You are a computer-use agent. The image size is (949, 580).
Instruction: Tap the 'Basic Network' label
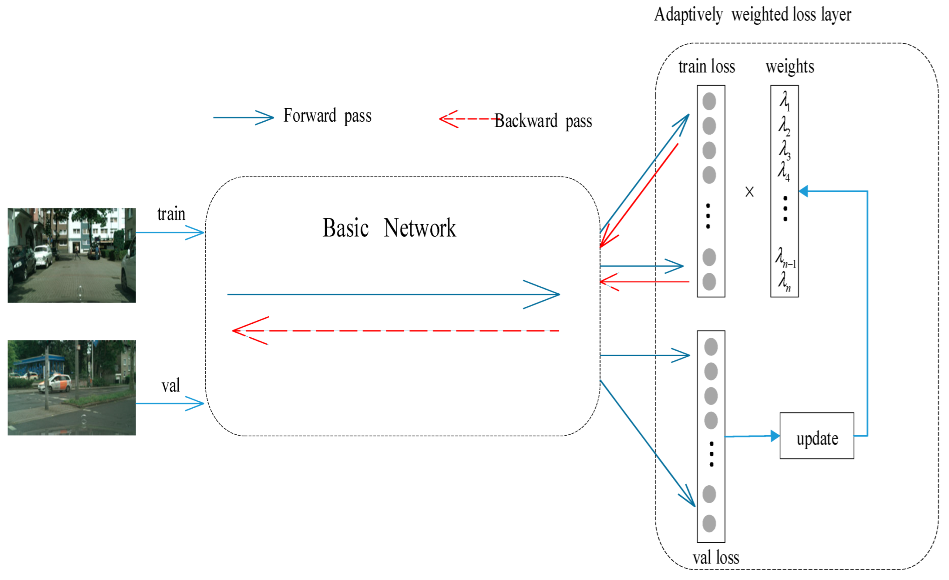[x=389, y=228]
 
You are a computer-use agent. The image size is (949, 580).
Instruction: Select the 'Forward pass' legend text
[x=328, y=116]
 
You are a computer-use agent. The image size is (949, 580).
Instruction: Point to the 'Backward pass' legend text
[x=543, y=121]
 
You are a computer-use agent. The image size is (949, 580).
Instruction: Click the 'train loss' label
[x=706, y=67]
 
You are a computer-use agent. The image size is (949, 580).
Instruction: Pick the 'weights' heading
[x=790, y=67]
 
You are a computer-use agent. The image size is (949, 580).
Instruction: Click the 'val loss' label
[x=716, y=558]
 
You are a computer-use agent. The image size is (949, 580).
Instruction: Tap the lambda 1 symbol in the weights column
[x=784, y=101]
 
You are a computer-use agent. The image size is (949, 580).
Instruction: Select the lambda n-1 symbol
[x=785, y=257]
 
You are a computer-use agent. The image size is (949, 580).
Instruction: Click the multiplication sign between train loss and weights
[x=749, y=192]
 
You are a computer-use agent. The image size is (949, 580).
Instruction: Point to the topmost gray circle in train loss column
[x=709, y=101]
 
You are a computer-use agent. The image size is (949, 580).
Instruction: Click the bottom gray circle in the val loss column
[x=709, y=523]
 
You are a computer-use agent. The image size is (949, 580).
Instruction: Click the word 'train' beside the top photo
[x=171, y=214]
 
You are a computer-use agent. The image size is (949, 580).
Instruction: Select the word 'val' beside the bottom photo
[x=170, y=385]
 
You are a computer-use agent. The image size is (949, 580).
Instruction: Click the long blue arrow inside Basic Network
[x=393, y=294]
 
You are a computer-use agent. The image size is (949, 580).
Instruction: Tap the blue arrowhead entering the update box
[x=775, y=436]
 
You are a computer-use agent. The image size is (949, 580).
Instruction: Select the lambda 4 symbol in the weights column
[x=783, y=171]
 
